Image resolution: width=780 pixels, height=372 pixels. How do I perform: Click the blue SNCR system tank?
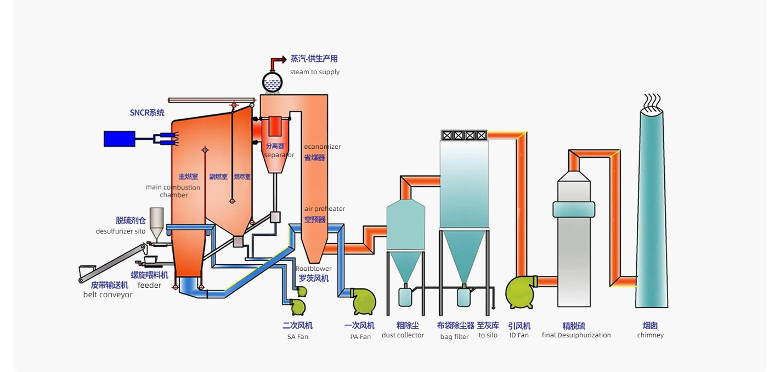(x=120, y=138)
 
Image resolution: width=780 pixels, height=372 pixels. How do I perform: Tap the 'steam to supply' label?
(x=315, y=72)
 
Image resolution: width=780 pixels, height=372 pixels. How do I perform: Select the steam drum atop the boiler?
(x=272, y=82)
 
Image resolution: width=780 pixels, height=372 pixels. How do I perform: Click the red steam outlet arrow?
(x=279, y=59)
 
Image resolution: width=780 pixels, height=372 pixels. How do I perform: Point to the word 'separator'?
(x=279, y=155)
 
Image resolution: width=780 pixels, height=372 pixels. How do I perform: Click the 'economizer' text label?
(x=323, y=147)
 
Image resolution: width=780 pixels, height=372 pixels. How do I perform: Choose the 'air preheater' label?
(x=325, y=209)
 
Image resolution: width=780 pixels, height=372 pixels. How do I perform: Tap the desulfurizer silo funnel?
(x=156, y=220)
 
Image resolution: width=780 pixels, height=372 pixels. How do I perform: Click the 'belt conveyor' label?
(x=108, y=295)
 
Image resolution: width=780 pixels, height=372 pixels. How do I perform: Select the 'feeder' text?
(x=149, y=285)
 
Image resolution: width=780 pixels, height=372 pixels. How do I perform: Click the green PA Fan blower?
(x=363, y=301)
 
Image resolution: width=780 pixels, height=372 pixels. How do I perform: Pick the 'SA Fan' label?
(x=298, y=337)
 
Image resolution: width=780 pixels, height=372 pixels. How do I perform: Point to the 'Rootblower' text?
(x=313, y=269)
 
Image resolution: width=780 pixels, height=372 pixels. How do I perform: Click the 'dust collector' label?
(x=403, y=335)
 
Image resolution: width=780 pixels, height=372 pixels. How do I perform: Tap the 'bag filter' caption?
(x=454, y=337)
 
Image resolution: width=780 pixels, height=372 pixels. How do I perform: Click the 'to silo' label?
(x=488, y=335)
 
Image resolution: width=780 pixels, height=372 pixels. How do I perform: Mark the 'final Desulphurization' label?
(x=576, y=335)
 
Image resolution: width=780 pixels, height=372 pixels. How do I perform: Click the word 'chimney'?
(x=651, y=335)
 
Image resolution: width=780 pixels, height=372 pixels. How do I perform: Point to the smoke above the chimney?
(x=652, y=101)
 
